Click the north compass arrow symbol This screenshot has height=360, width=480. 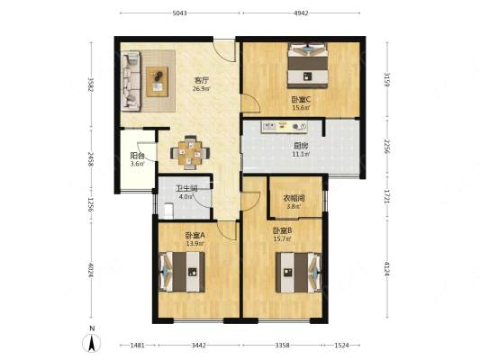click(x=92, y=343)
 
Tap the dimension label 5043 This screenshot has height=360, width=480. click(x=180, y=13)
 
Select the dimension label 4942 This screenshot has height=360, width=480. click(x=301, y=13)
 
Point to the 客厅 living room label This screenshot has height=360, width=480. click(x=202, y=80)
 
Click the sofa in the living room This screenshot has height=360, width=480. click(x=131, y=81)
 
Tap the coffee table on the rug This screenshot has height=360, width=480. click(x=157, y=81)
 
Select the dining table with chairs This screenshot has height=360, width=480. click(x=190, y=152)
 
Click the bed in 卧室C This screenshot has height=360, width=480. click(x=308, y=66)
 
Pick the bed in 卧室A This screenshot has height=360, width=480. click(x=182, y=272)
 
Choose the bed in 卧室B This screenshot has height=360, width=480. click(x=299, y=272)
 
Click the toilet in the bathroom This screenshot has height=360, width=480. click(x=168, y=211)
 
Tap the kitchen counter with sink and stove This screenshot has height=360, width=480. click(x=284, y=127)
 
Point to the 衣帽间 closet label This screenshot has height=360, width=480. click(x=294, y=198)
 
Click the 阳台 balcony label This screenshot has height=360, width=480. click(x=137, y=156)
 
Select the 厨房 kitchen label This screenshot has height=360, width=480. click(x=301, y=146)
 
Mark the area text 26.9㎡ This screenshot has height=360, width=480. click(x=202, y=89)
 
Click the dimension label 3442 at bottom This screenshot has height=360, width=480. click(x=199, y=346)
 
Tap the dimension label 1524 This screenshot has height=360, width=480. click(x=341, y=346)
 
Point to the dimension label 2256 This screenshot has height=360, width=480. click(x=387, y=148)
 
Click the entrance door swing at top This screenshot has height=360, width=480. click(x=224, y=50)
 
